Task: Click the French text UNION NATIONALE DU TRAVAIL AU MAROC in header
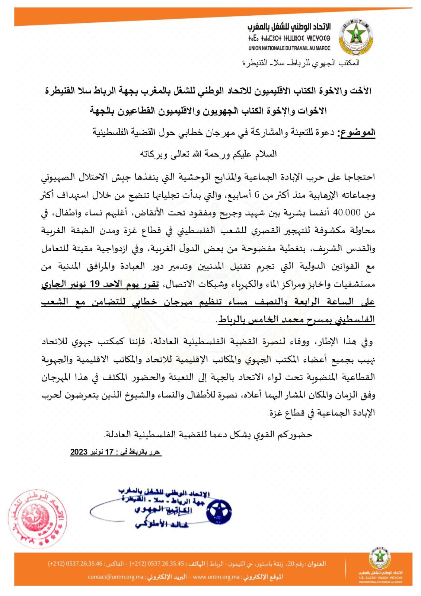pyautogui.click(x=289, y=48)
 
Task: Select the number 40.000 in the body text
pyautogui.click(x=347, y=212)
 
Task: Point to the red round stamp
pyautogui.click(x=37, y=519)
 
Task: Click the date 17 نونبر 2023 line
pyautogui.click(x=116, y=452)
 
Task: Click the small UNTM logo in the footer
pyautogui.click(x=380, y=559)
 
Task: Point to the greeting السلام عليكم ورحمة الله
pyautogui.click(x=208, y=154)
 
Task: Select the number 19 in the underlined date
pyautogui.click(x=95, y=284)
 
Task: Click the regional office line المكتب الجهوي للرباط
pyautogui.click(x=301, y=63)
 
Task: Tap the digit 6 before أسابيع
pyautogui.click(x=256, y=195)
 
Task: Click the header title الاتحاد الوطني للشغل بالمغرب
pyautogui.click(x=289, y=27)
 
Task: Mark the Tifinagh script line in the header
pyautogui.click(x=289, y=38)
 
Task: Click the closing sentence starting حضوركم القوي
pyautogui.click(x=208, y=434)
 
